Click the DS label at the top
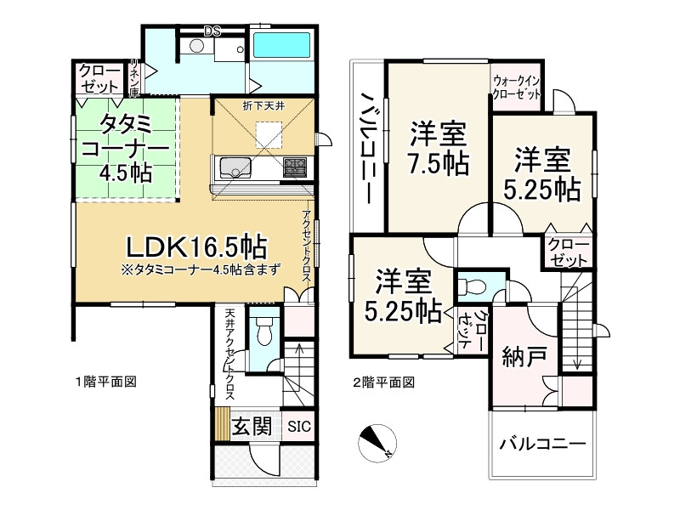(x=212, y=32)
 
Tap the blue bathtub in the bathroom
(x=284, y=46)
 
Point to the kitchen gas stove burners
(x=294, y=165)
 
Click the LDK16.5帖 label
(x=196, y=247)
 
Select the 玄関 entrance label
(x=252, y=425)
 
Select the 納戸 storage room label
(x=519, y=354)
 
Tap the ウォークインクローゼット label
(x=518, y=88)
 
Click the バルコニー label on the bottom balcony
(x=541, y=445)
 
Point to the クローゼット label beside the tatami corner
(x=99, y=79)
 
